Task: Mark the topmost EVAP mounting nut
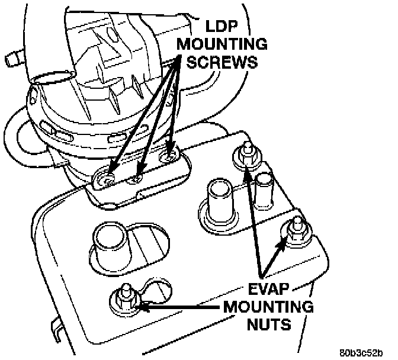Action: coord(246,155)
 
